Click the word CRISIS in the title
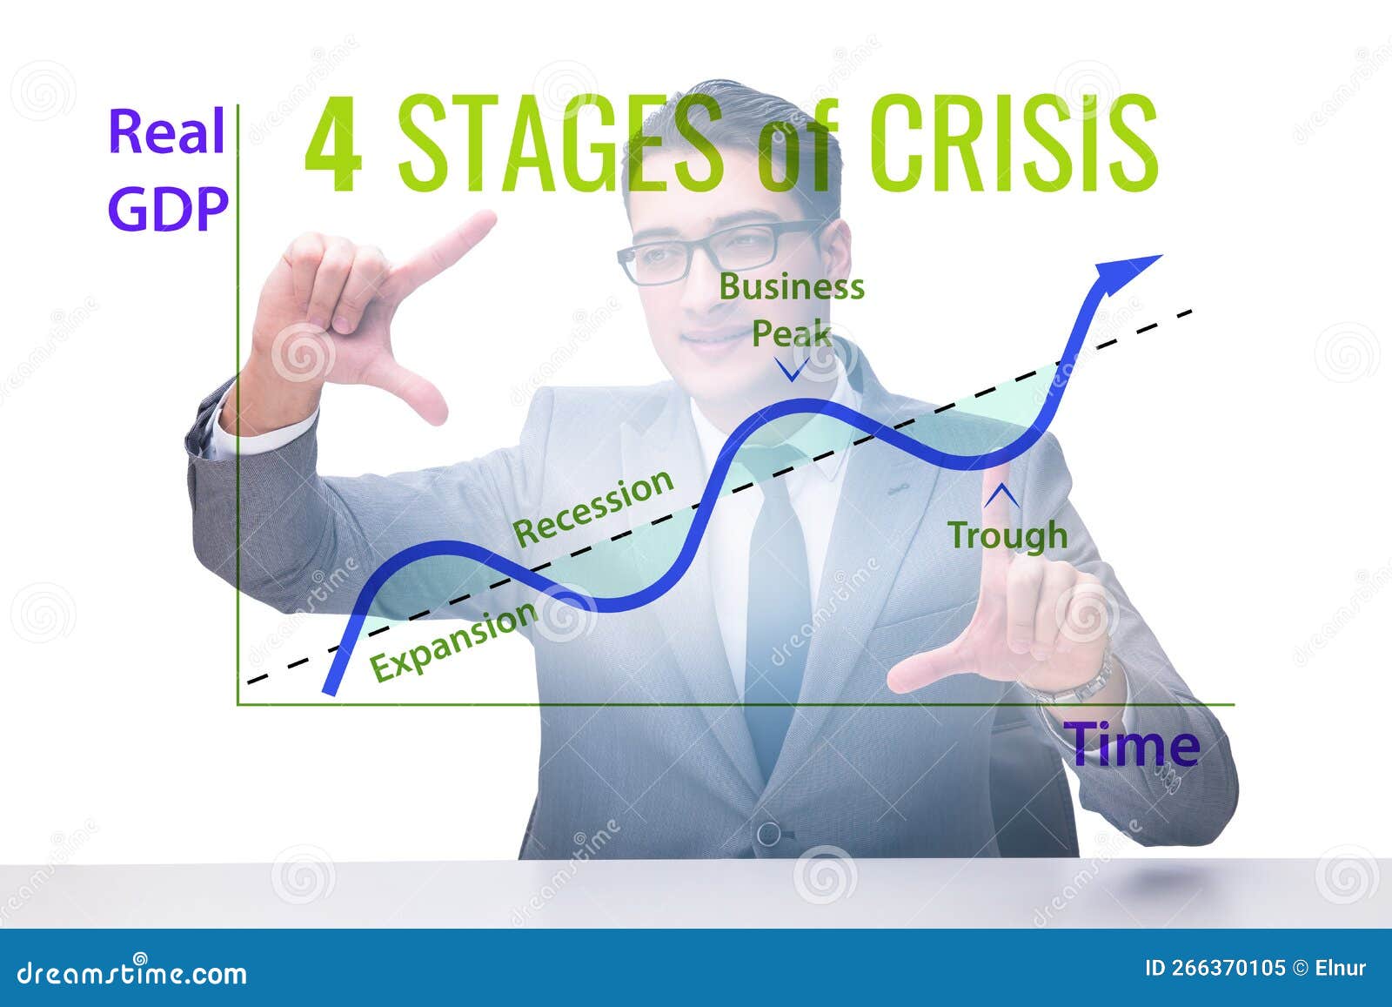click(1014, 144)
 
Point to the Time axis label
click(1133, 745)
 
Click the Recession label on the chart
click(593, 508)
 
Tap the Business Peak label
click(791, 309)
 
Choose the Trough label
click(1007, 534)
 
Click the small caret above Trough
click(1001, 494)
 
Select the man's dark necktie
click(777, 609)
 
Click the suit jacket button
click(769, 834)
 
